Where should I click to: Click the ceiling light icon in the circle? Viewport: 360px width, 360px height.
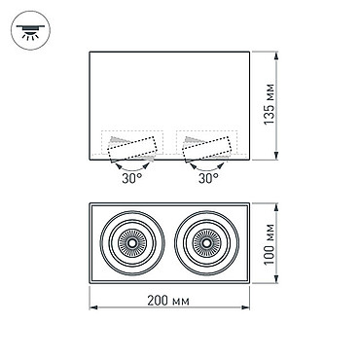[x=31, y=30]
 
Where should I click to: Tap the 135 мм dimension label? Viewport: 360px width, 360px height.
[x=270, y=104]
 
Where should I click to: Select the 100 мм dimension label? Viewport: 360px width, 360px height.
[x=270, y=244]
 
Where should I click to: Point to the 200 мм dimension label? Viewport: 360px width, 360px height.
[x=168, y=301]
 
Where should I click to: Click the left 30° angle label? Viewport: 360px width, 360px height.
[x=132, y=178]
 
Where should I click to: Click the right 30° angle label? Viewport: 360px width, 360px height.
[x=208, y=178]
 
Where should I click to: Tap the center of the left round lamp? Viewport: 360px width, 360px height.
[x=132, y=243]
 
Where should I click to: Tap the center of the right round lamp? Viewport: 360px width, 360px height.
[x=207, y=243]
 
